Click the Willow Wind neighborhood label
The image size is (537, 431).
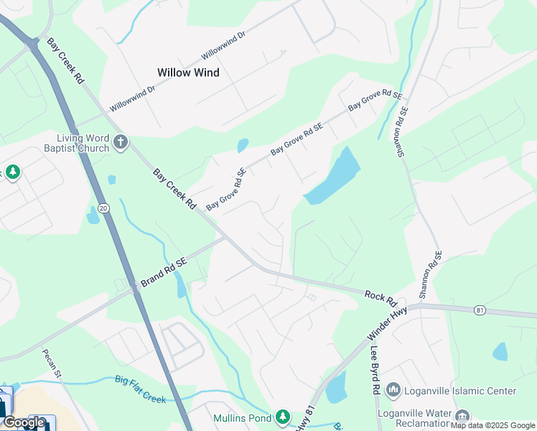(x=188, y=73)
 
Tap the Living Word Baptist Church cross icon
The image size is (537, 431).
(x=120, y=142)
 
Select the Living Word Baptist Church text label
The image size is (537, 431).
(x=83, y=143)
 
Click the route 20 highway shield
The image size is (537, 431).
(x=103, y=208)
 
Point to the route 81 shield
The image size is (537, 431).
(x=480, y=310)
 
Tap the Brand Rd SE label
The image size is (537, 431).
(x=163, y=273)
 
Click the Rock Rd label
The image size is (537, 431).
(x=380, y=295)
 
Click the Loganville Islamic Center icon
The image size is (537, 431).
(x=393, y=391)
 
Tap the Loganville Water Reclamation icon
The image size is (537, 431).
(x=463, y=415)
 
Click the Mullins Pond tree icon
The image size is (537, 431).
(x=283, y=417)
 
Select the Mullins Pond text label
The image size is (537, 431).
(x=242, y=418)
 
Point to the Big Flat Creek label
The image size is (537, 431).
(x=140, y=389)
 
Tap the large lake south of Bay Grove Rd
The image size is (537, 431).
(x=335, y=177)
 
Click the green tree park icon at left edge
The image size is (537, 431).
(x=12, y=172)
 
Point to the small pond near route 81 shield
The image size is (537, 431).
(x=500, y=351)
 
